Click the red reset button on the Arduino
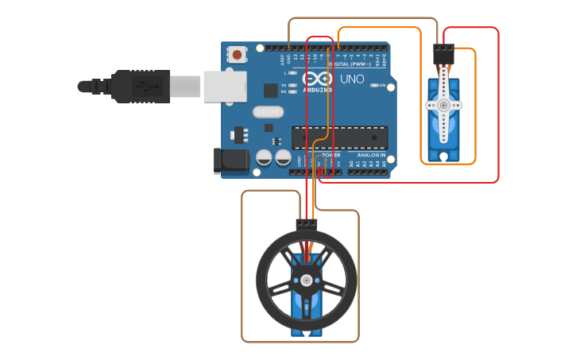(x=238, y=55)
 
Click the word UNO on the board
(x=352, y=79)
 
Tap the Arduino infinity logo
(x=316, y=78)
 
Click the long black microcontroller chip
(x=340, y=137)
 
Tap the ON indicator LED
(x=373, y=85)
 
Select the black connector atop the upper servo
(x=443, y=55)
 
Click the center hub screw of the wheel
(x=306, y=279)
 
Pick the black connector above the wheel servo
(x=306, y=223)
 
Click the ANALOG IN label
(x=369, y=155)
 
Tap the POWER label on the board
(x=332, y=155)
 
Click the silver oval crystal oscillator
(x=268, y=114)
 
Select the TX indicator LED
(x=292, y=84)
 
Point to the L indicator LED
(x=292, y=73)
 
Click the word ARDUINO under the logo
(x=317, y=90)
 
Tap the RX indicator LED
(x=292, y=91)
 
